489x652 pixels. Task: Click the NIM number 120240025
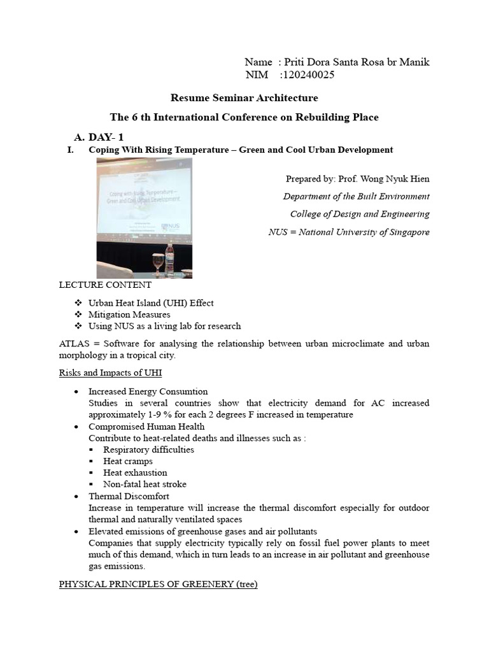click(x=307, y=75)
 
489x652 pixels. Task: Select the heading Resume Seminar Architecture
click(x=244, y=98)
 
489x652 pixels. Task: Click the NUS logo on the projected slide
click(x=171, y=226)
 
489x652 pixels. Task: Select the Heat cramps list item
click(x=128, y=461)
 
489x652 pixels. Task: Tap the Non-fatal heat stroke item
click(x=145, y=484)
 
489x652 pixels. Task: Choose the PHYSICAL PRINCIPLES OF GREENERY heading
click(x=158, y=584)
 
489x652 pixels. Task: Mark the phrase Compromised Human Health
click(x=146, y=427)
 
